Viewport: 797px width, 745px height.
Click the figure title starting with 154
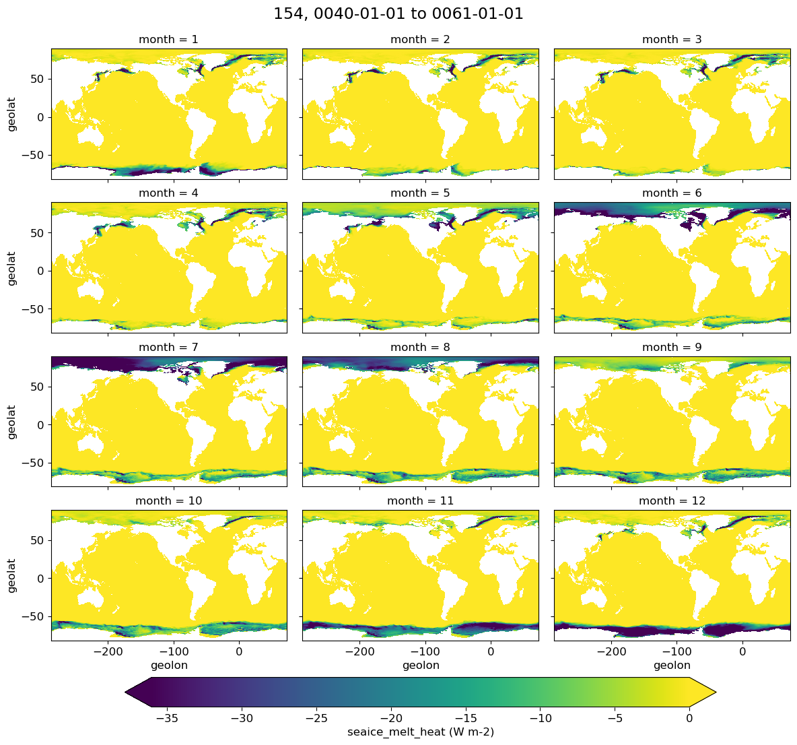(398, 13)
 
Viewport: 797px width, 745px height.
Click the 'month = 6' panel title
(672, 193)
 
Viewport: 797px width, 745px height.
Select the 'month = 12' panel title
(672, 501)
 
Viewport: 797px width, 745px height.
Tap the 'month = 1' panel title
(168, 40)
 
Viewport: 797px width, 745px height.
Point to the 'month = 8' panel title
(420, 348)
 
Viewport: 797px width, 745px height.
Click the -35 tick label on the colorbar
(167, 718)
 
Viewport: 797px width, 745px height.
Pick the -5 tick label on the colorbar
(615, 718)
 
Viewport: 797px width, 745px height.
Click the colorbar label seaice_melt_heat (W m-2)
(420, 732)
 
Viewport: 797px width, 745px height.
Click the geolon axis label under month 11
(421, 666)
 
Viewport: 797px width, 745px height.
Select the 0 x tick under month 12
(742, 651)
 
